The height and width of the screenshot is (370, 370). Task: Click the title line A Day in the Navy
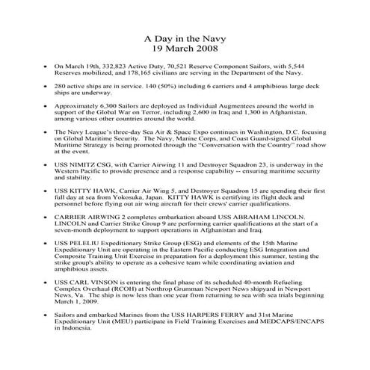click(x=184, y=38)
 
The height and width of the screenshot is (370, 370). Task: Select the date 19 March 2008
click(x=184, y=49)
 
